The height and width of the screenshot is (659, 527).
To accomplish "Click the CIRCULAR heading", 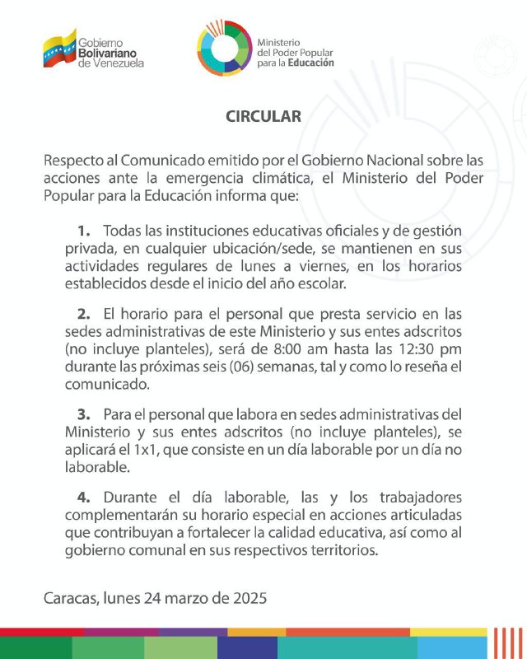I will pyautogui.click(x=263, y=117).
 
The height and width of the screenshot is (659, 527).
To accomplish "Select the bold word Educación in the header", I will pyautogui.click(x=312, y=63).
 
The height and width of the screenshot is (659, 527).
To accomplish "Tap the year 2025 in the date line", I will pyautogui.click(x=250, y=596).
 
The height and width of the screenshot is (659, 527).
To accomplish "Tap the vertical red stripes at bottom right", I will pyautogui.click(x=503, y=643).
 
